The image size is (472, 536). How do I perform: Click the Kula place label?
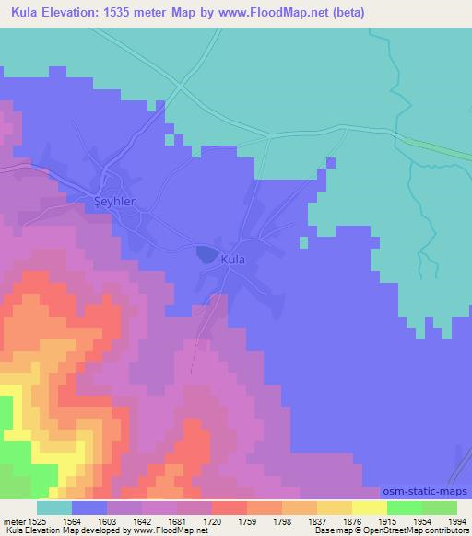[x=233, y=262]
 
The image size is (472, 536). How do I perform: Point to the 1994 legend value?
[x=446, y=522]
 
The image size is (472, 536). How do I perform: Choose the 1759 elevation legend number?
[x=230, y=522]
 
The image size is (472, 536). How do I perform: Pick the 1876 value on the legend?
[x=338, y=522]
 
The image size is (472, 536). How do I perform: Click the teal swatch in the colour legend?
[x=54, y=507]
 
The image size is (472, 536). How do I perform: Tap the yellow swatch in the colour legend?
[x=369, y=507]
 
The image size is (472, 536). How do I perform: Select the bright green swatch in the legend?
[x=404, y=507]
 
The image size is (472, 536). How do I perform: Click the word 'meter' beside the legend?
[x=14, y=522]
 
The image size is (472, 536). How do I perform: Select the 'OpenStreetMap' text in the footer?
[x=404, y=531]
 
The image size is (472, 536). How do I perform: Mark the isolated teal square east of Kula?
[x=302, y=242]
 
